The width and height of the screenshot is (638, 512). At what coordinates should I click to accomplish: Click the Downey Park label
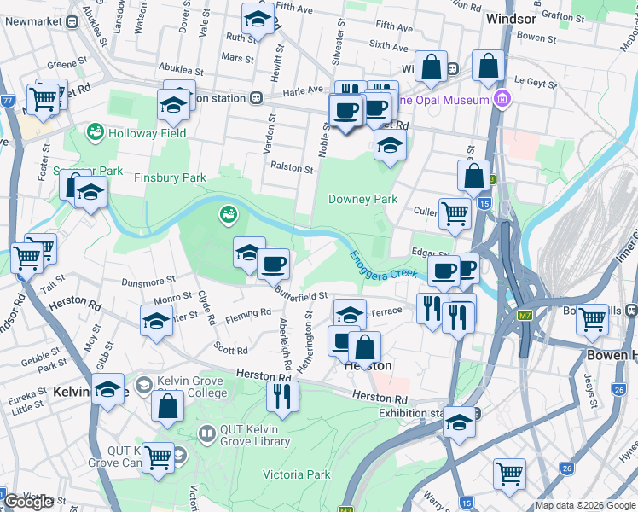[363, 199]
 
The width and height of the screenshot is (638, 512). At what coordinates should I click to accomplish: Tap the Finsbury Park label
[170, 177]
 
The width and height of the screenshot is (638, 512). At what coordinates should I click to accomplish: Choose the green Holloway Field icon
[95, 133]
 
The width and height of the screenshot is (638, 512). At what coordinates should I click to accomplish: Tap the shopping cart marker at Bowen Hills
[591, 320]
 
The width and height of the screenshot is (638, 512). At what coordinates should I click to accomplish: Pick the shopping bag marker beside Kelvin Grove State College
[167, 407]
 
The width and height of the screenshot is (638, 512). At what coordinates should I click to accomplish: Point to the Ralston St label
[292, 168]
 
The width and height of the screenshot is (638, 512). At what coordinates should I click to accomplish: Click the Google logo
[28, 502]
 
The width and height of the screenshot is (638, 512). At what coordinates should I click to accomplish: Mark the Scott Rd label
[230, 350]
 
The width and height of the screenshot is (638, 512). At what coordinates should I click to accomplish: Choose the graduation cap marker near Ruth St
[258, 19]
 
